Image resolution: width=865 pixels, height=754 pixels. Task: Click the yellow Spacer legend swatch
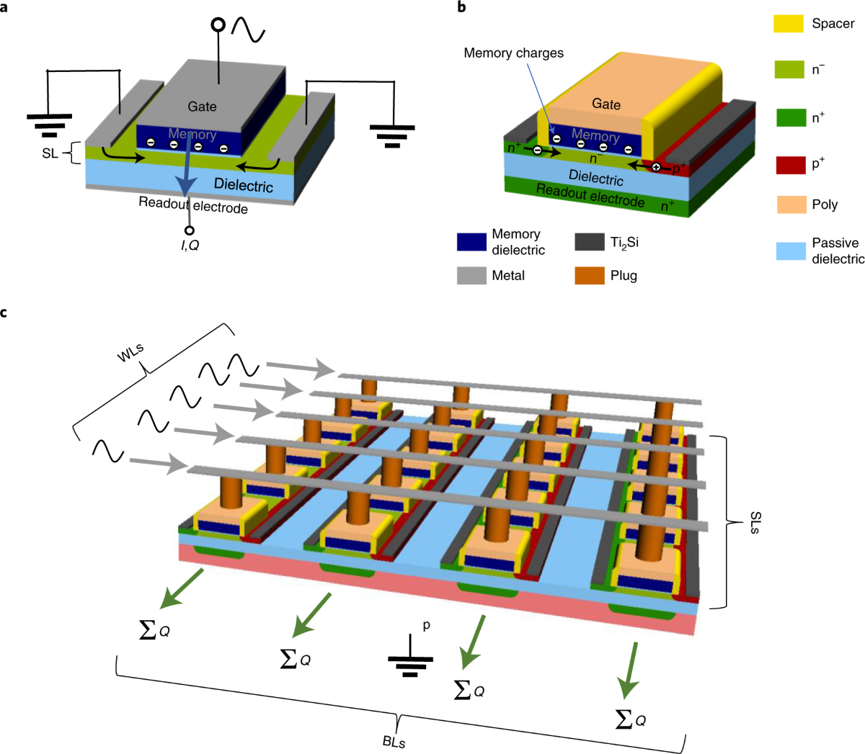click(789, 23)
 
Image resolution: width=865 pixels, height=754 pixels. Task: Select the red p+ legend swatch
click(790, 164)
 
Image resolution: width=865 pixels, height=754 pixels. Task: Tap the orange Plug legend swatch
click(589, 275)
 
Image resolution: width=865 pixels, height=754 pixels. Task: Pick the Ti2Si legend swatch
click(589, 242)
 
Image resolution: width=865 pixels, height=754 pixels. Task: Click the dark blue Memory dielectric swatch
click(471, 242)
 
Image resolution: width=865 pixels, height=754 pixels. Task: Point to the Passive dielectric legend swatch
click(790, 251)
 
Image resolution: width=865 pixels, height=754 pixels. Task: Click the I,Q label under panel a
click(190, 246)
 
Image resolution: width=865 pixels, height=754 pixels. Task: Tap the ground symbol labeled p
click(410, 659)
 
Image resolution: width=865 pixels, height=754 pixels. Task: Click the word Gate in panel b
click(606, 104)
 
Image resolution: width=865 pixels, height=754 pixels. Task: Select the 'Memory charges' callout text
click(513, 53)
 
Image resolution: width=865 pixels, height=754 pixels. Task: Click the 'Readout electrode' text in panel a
click(193, 205)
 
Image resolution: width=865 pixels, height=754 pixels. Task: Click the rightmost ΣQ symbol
click(630, 719)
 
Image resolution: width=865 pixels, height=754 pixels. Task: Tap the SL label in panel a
click(50, 153)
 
